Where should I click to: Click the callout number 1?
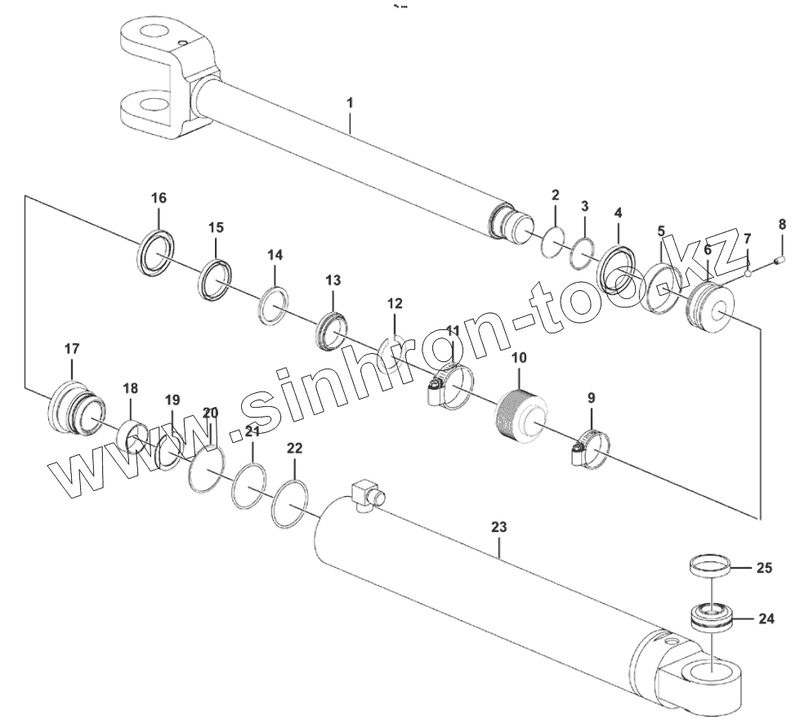350,103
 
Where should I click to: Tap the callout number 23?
498,527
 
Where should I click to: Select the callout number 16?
159,198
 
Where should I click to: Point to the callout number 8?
781,223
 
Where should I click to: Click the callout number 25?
763,567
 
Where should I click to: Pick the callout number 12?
395,303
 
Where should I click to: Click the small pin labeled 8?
780,261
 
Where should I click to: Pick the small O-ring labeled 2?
553,244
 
